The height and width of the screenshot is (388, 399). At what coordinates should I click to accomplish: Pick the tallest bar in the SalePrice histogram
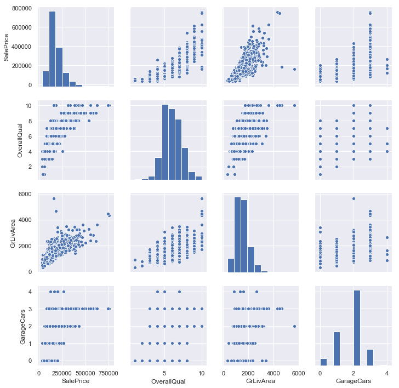(53, 49)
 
